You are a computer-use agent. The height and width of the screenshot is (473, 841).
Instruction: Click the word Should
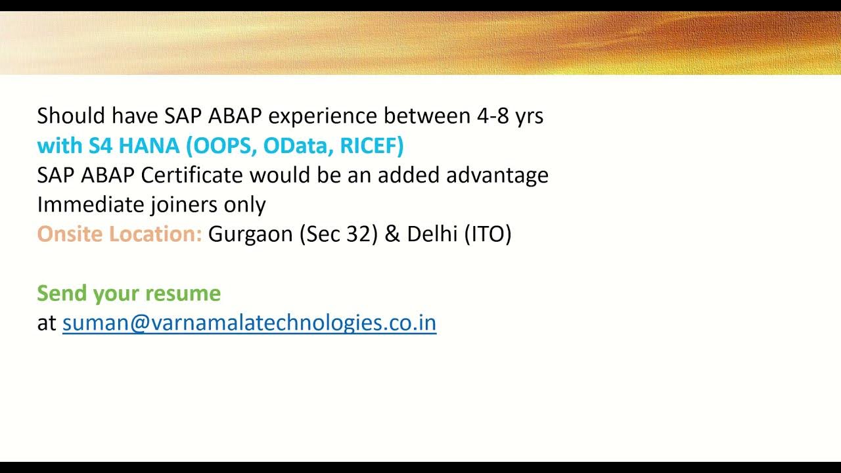(x=71, y=116)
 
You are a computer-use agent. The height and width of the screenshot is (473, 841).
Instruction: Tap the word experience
(x=323, y=116)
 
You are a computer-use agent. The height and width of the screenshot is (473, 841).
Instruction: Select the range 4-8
(x=492, y=116)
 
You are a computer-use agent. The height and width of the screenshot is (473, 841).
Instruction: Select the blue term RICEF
(x=371, y=145)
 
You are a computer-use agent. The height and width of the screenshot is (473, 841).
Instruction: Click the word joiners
(x=184, y=205)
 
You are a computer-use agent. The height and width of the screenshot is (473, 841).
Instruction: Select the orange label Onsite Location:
(x=120, y=234)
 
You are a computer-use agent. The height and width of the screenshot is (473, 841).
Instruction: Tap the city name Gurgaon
(x=250, y=235)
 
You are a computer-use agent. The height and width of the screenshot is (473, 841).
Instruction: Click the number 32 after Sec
(x=359, y=234)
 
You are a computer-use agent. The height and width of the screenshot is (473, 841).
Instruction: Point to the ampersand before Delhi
(x=392, y=234)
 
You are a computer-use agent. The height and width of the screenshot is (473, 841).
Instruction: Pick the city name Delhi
(x=432, y=234)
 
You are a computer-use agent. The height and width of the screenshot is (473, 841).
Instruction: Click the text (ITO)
(x=488, y=234)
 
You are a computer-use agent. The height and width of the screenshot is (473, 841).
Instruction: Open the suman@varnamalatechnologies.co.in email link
(x=249, y=323)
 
